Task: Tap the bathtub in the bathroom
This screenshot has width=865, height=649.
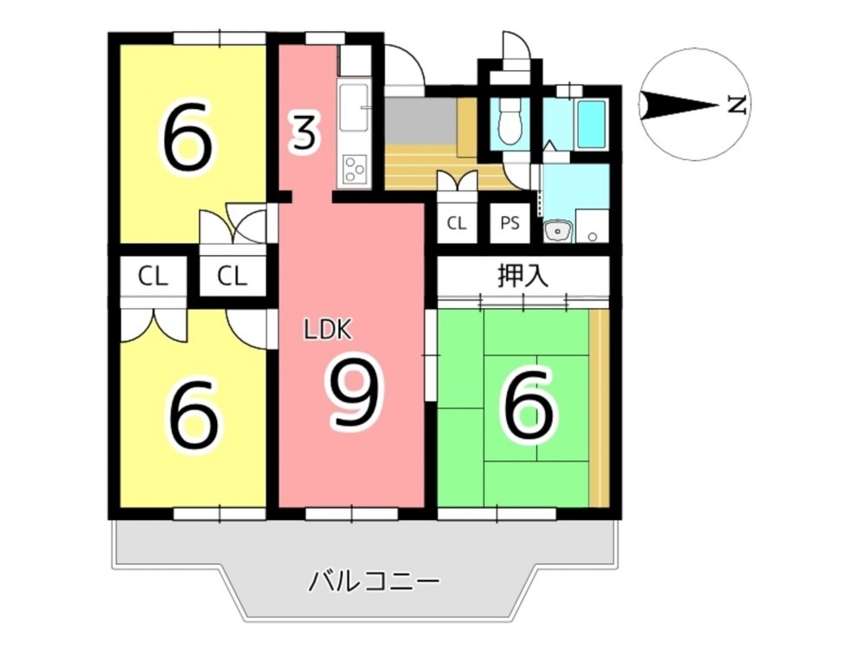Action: (591, 124)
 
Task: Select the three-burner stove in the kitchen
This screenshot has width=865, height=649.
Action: (355, 170)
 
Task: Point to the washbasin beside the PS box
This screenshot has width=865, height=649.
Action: (558, 230)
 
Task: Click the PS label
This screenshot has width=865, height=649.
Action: (509, 223)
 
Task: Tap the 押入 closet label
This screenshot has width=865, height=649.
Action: (523, 275)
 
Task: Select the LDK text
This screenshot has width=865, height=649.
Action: (327, 330)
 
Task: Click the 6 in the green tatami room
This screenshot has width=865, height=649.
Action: (526, 404)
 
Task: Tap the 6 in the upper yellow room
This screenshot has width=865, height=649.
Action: (188, 136)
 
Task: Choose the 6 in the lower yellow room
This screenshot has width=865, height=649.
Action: (194, 413)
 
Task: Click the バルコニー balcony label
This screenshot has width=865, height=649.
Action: (374, 582)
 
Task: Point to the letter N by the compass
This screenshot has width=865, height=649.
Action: (736, 105)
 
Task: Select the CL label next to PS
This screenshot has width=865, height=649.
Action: (456, 223)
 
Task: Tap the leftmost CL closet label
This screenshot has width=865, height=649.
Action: (153, 277)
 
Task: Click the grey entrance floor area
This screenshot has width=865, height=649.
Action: (420, 119)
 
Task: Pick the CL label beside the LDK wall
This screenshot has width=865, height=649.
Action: (232, 277)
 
